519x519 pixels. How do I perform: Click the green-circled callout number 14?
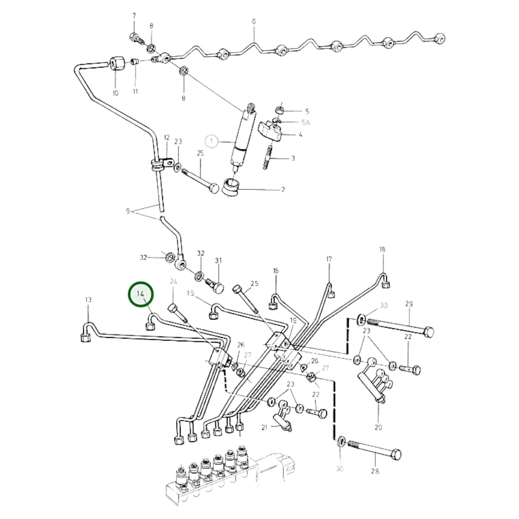point(140,294)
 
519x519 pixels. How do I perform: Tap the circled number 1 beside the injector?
point(211,141)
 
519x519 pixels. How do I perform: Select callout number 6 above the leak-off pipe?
point(254,22)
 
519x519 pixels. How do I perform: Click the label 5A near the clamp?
point(305,123)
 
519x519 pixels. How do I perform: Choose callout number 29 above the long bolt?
point(409,304)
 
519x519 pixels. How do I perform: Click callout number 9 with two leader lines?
point(128,211)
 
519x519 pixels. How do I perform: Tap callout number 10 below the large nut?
point(115,93)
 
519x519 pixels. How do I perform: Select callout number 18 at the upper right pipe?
point(382,249)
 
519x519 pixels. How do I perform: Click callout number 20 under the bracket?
point(378,427)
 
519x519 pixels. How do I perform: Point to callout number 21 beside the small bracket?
point(264,427)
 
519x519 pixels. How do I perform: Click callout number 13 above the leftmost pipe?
point(88,299)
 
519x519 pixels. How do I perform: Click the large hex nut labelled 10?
point(118,63)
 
